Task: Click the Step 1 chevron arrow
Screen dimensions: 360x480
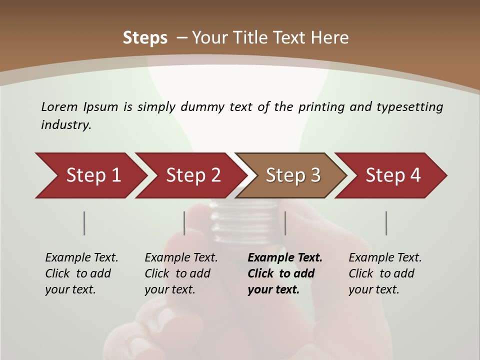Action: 93,175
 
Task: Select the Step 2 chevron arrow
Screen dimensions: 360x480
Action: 193,175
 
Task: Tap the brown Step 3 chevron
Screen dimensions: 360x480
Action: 293,175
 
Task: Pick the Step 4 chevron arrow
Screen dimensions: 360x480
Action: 393,175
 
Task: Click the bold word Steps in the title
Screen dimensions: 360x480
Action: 145,38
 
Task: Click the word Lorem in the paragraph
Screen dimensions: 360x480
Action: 59,106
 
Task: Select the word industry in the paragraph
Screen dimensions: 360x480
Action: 66,125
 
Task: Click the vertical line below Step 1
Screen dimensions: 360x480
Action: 84,223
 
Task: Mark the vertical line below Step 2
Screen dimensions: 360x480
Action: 184,223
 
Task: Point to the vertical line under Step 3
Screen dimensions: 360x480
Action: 285,223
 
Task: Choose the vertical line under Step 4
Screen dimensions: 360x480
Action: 386,223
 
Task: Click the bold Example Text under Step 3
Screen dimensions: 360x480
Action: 285,258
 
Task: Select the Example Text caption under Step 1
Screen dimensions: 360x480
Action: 81,258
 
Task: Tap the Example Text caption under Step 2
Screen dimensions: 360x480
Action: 181,258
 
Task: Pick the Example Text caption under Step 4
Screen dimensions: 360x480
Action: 385,258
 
